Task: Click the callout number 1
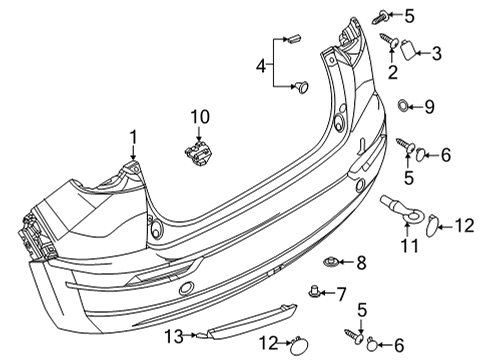pos(133,137)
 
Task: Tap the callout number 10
pos(200,117)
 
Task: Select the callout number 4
pos(261,66)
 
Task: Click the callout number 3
pos(437,53)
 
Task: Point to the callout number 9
pos(429,107)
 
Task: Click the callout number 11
pos(409,246)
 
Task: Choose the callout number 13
pos(174,336)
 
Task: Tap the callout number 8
pos(361,263)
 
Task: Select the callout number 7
pos(341,294)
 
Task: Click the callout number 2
pos(393,72)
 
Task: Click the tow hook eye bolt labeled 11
pos(403,211)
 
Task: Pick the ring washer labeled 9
pos(403,106)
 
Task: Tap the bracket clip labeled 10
pos(199,153)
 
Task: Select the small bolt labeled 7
pos(314,291)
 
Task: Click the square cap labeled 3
pos(408,50)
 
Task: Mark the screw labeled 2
pos(389,41)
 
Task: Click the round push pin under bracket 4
pos(302,87)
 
